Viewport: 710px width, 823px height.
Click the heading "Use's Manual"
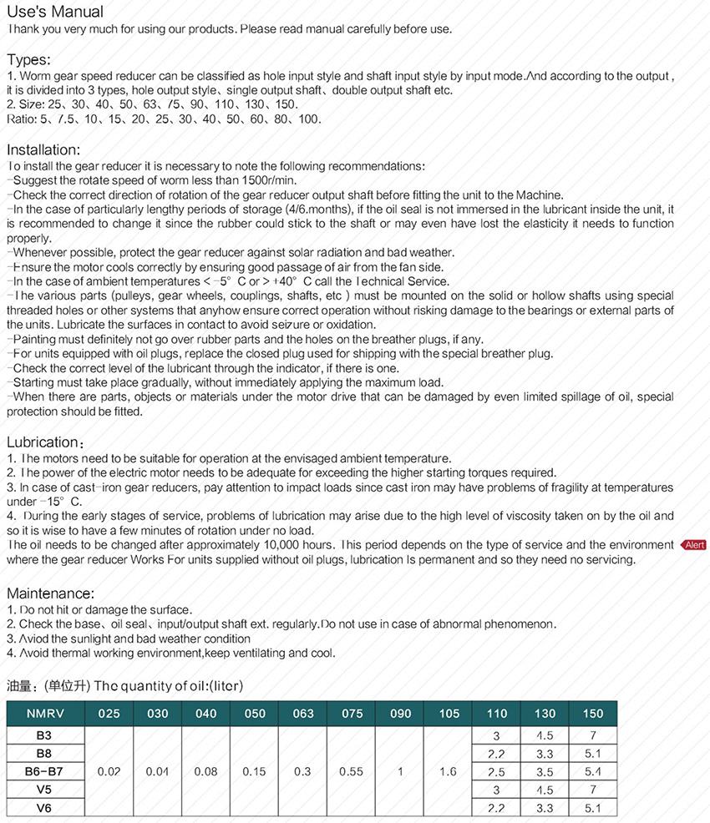coord(55,12)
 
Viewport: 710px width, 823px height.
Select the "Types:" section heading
coord(28,59)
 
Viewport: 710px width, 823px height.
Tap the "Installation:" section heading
coord(43,150)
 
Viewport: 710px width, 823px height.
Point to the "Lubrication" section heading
coord(43,442)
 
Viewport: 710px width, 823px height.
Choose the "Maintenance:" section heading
coord(50,593)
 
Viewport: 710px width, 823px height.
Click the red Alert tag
coord(694,545)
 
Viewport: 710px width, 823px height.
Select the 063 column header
coord(303,714)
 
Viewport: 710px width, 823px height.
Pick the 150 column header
coord(593,714)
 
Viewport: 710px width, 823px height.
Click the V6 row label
coord(45,808)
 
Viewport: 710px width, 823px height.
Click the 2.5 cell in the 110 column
coord(496,772)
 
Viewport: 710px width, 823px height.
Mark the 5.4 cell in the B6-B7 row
coord(593,772)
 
